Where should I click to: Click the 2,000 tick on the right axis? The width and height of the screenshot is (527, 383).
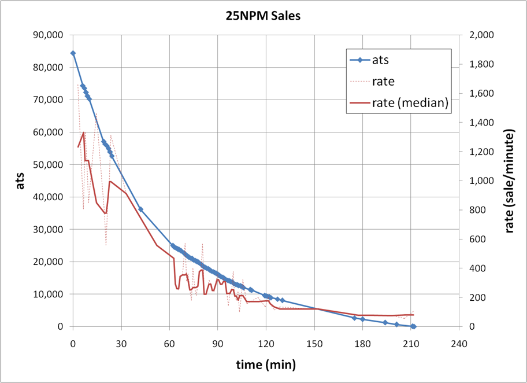[x=479, y=35]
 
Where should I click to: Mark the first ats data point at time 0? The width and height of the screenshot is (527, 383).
[x=73, y=53]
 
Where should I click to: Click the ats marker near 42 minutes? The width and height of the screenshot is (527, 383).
[x=140, y=209]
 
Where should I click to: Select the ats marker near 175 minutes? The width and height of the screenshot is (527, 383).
[x=355, y=318]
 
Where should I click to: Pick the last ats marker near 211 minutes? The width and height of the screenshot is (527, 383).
[x=413, y=326]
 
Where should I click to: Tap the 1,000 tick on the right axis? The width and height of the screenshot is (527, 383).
[x=479, y=181]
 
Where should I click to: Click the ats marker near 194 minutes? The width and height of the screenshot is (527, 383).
[x=385, y=322]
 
